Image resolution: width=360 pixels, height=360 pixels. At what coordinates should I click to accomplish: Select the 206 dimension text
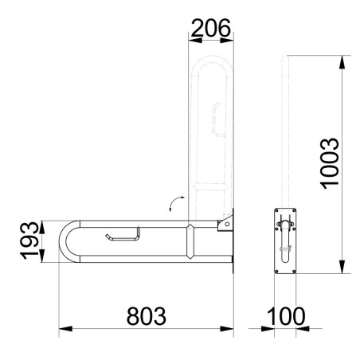pos(211,28)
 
